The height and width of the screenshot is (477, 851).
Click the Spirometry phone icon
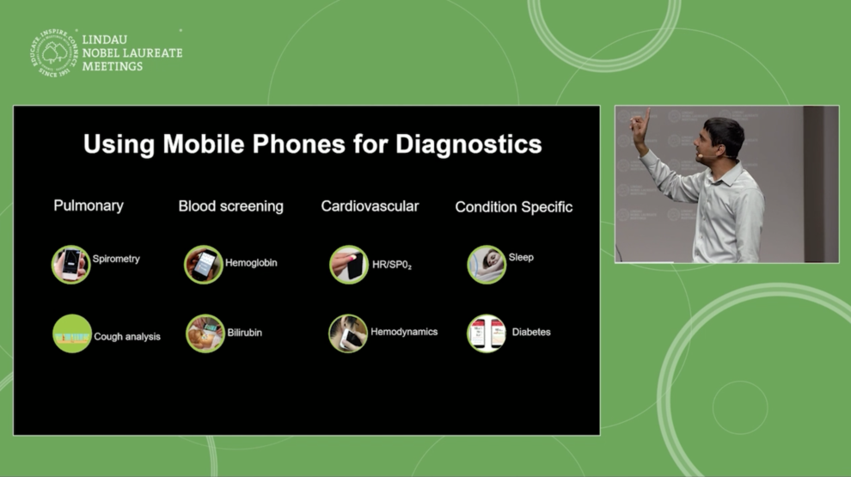(70, 264)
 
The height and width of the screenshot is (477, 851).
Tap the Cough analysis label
(127, 336)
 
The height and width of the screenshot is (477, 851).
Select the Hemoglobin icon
(204, 264)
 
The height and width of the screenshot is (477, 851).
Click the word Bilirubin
(244, 333)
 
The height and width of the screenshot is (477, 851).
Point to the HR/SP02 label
(392, 265)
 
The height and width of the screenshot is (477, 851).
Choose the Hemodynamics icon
(348, 333)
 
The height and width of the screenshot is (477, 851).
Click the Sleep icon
(487, 264)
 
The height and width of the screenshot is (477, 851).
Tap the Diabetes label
(530, 332)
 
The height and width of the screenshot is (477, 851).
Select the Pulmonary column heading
(89, 206)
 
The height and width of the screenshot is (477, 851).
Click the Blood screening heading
(230, 207)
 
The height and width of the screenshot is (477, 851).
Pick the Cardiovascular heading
(370, 206)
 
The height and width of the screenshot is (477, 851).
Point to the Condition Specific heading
(513, 207)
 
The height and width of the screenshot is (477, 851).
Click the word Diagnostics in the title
(468, 145)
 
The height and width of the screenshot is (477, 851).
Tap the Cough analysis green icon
(71, 333)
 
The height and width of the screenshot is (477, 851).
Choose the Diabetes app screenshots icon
(487, 333)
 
